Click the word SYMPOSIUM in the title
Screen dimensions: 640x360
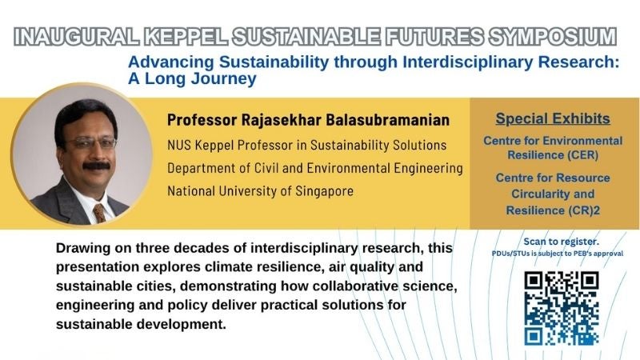point(553,36)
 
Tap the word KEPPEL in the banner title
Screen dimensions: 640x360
point(186,36)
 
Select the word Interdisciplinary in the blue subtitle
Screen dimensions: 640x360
point(468,62)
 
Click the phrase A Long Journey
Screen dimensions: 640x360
point(192,78)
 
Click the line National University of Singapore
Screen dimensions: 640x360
point(261,191)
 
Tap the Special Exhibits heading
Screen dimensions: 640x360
point(553,118)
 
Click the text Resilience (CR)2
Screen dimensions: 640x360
point(553,210)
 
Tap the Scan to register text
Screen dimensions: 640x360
point(562,242)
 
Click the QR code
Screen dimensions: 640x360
point(562,308)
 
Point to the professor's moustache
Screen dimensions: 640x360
point(96,166)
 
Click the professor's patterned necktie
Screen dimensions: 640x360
point(100,213)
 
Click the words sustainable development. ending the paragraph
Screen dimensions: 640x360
point(141,325)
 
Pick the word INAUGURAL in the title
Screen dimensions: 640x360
point(77,36)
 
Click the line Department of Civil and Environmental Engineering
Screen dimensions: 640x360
point(315,168)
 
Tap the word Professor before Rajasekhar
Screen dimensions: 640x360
point(202,120)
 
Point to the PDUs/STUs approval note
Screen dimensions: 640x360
point(557,254)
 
